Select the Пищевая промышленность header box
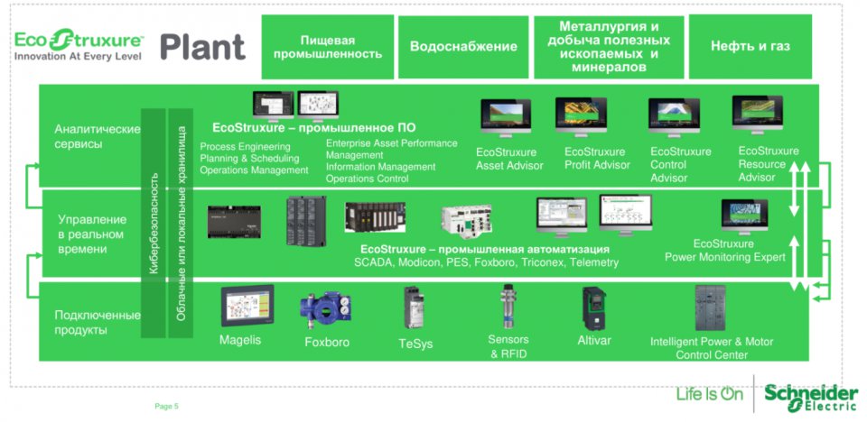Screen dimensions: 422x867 tap(327, 47)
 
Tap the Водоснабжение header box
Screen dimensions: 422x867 tap(463, 47)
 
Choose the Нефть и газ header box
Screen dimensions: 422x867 tap(750, 46)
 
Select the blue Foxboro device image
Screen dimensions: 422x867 tap(326, 309)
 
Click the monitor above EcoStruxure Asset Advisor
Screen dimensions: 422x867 tap(506, 118)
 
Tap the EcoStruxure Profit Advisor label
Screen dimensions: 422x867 tap(596, 159)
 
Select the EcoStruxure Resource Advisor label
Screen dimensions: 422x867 tap(768, 164)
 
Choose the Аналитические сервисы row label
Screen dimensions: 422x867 tap(97, 136)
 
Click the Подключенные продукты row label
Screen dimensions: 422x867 tap(97, 323)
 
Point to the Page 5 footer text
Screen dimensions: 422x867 tap(167, 406)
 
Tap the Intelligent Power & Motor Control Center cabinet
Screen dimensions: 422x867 tap(711, 307)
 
